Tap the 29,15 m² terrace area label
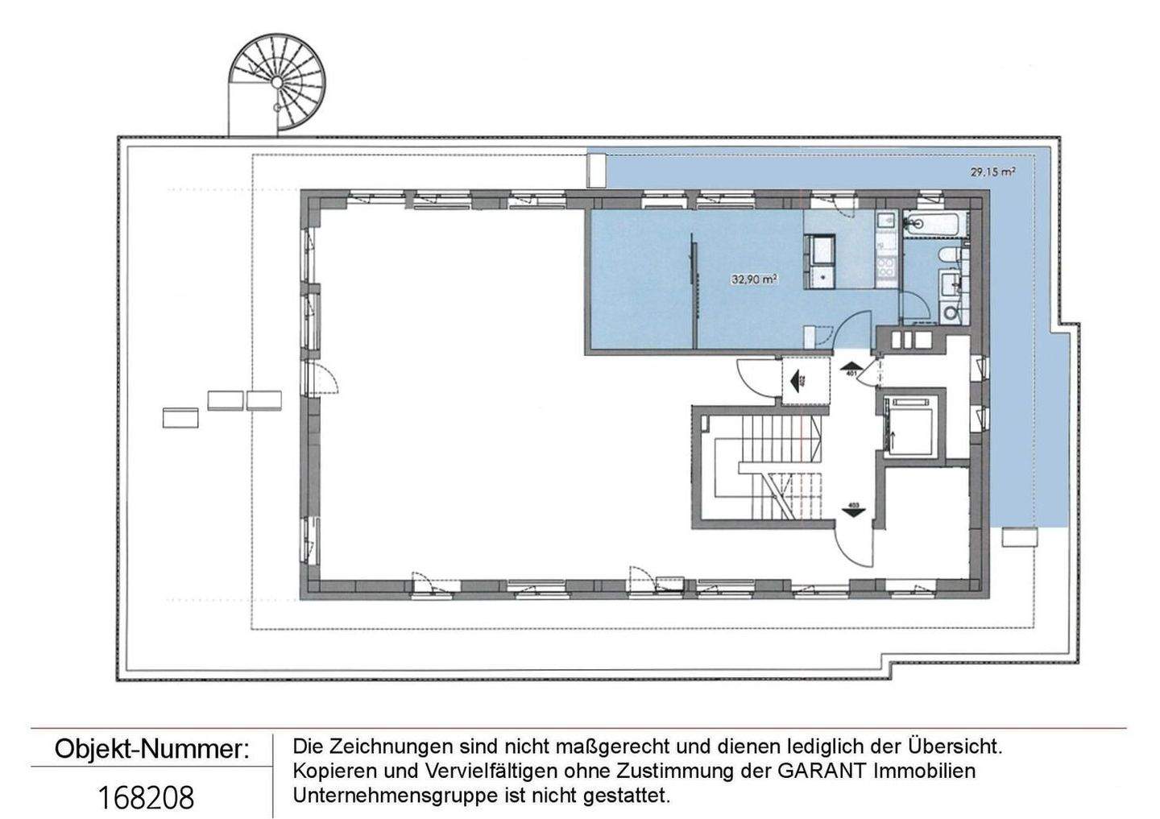pyautogui.click(x=992, y=172)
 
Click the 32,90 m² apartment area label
pyautogui.click(x=754, y=279)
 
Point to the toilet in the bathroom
pyautogui.click(x=949, y=255)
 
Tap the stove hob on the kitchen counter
pyautogui.click(x=885, y=267)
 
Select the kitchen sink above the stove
pyautogui.click(x=885, y=219)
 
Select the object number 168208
pyautogui.click(x=146, y=797)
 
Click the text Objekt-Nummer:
pyautogui.click(x=151, y=749)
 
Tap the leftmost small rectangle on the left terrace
pyautogui.click(x=180, y=418)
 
